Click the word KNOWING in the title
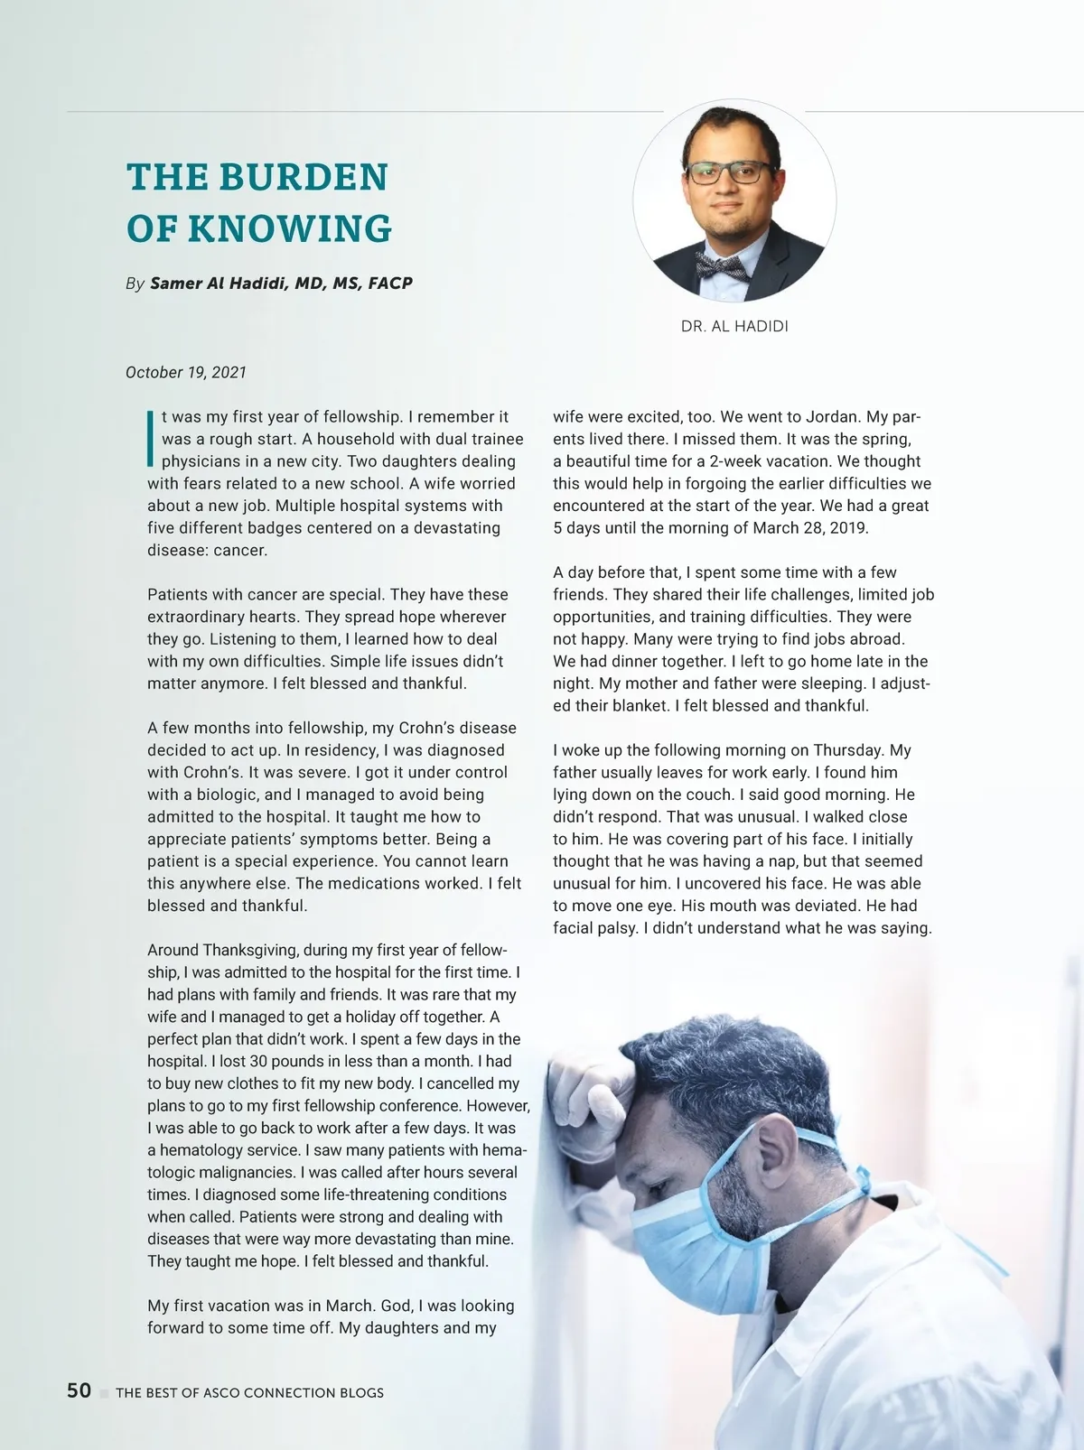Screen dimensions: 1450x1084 click(x=290, y=228)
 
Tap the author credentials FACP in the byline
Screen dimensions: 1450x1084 click(x=390, y=283)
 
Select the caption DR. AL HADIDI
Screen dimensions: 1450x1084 click(x=734, y=327)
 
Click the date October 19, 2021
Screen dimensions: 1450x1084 click(x=186, y=373)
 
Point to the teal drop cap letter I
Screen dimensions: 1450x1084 click(x=150, y=439)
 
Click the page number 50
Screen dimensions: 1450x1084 click(x=79, y=1390)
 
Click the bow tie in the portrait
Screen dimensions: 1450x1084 click(x=721, y=265)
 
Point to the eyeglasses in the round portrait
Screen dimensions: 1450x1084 click(x=728, y=172)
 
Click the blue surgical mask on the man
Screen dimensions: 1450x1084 click(x=696, y=1237)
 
